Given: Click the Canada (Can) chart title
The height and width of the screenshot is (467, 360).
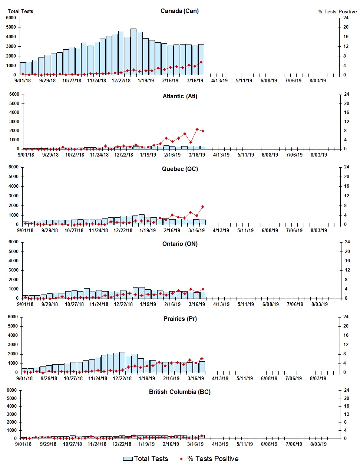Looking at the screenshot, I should [x=179, y=11].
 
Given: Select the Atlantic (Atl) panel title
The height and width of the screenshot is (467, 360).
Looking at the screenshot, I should [x=180, y=96].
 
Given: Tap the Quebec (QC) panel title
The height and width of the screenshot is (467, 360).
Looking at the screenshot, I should [x=180, y=169].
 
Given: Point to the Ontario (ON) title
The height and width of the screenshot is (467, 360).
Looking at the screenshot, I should [x=180, y=244].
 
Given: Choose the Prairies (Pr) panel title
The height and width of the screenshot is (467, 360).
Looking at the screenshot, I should [x=180, y=319].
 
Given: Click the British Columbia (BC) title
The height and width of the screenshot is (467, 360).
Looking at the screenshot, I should [x=179, y=392].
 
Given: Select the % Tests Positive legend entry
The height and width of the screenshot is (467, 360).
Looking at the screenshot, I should [x=208, y=459].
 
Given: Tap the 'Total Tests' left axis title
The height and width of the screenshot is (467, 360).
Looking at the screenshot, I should [x=20, y=11].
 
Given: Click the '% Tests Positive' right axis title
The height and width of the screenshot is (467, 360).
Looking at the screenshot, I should [x=337, y=11].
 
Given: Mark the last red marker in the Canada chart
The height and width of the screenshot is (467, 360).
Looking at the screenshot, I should [x=201, y=62].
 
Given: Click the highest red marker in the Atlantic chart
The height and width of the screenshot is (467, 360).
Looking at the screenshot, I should [x=197, y=129].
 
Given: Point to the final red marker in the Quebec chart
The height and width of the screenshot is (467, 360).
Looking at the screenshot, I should [x=202, y=207].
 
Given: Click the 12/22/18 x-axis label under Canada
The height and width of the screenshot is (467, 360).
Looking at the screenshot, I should [x=121, y=80].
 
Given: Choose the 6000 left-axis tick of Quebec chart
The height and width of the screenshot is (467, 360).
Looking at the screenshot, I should [x=14, y=167].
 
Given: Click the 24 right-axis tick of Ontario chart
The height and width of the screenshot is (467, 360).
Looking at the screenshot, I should [x=347, y=242].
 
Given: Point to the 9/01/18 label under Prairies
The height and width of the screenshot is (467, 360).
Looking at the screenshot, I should [x=24, y=378].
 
